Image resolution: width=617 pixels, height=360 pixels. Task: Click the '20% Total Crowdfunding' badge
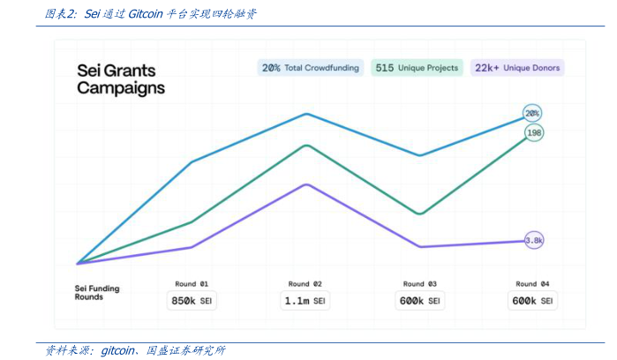pyautogui.click(x=310, y=68)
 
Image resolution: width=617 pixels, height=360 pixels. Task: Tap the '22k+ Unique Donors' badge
pyautogui.click(x=516, y=68)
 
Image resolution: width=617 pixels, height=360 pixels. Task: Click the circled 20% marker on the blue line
pyautogui.click(x=532, y=113)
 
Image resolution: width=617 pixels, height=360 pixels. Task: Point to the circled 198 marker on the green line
pyautogui.click(x=533, y=132)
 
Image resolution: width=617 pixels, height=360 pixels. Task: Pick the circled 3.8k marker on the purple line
pyautogui.click(x=534, y=240)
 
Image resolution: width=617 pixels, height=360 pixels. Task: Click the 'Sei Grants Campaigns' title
pyautogui.click(x=120, y=79)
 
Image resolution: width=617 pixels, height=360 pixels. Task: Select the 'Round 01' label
pyautogui.click(x=192, y=284)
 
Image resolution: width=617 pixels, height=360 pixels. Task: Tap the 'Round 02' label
pyautogui.click(x=305, y=284)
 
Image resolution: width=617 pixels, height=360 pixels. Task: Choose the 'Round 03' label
pyautogui.click(x=420, y=284)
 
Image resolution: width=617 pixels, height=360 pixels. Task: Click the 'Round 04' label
pyautogui.click(x=533, y=284)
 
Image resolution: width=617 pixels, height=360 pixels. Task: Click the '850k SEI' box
pyautogui.click(x=192, y=301)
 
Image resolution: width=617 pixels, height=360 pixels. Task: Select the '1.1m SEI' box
pyautogui.click(x=305, y=301)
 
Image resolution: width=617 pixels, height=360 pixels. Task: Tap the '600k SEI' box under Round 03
pyautogui.click(x=420, y=301)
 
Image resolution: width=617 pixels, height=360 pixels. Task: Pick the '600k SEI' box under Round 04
pyautogui.click(x=533, y=301)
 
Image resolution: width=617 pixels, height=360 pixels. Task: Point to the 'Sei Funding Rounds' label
pyautogui.click(x=97, y=293)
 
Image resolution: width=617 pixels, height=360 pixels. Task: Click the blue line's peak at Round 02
pyautogui.click(x=306, y=114)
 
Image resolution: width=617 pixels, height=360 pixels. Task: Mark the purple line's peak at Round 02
pyautogui.click(x=306, y=184)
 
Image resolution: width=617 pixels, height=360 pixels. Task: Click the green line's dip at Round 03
pyautogui.click(x=421, y=214)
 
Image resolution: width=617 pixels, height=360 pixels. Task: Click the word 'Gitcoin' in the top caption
pyautogui.click(x=144, y=14)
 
